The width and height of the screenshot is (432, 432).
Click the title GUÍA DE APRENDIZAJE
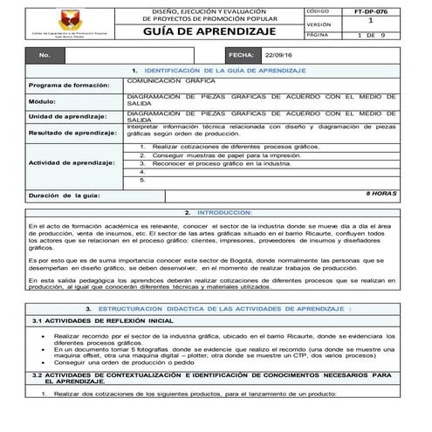pyautogui.click(x=215, y=31)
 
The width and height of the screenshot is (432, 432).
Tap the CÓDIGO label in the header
pyautogui.click(x=319, y=10)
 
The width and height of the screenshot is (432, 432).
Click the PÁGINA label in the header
pyautogui.click(x=319, y=35)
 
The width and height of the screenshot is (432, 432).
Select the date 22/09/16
pyautogui.click(x=278, y=54)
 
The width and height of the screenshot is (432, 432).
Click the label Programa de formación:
pyautogui.click(x=65, y=85)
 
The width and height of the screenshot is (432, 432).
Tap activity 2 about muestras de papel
pyautogui.click(x=214, y=155)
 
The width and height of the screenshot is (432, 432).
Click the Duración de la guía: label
pyautogui.click(x=65, y=195)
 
